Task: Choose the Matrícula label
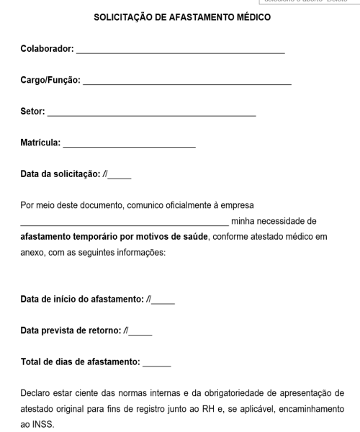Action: tap(40, 142)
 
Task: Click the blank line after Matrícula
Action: tap(130, 145)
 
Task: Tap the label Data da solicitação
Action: tap(60, 174)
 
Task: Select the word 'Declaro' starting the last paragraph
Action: tap(37, 393)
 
